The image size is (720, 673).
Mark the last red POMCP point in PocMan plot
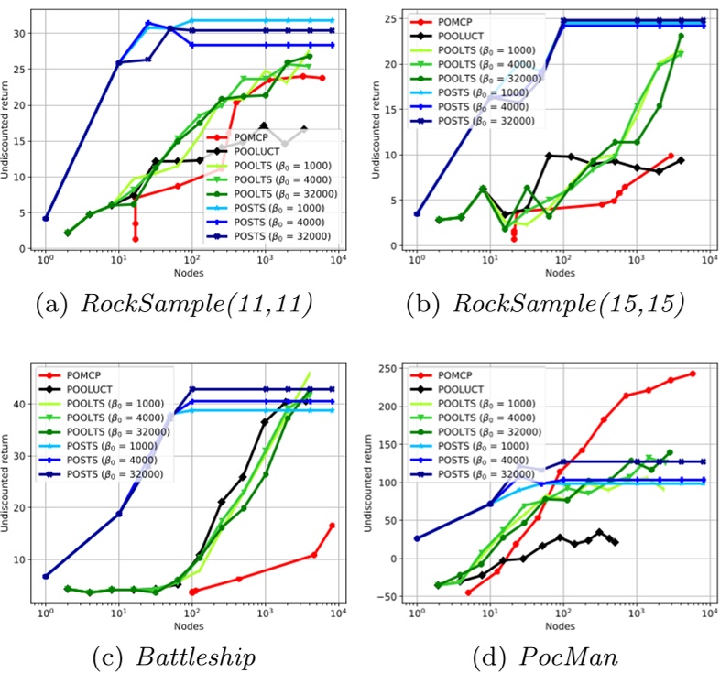coord(693,374)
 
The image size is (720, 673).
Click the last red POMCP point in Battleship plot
coord(332,526)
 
